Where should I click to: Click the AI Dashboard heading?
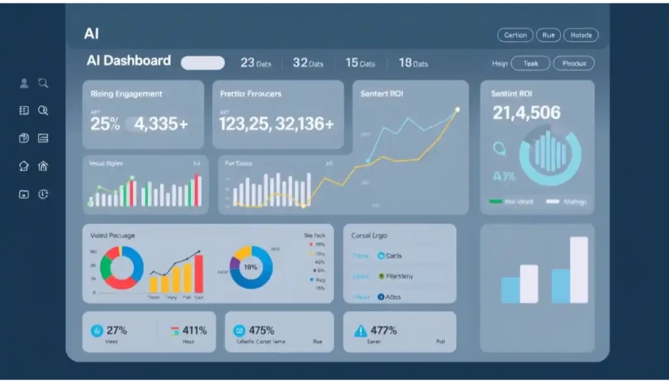pos(129,61)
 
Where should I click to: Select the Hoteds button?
pos(580,35)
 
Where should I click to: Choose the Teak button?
pos(530,63)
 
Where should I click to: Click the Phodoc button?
pos(574,63)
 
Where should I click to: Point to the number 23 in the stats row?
pos(248,63)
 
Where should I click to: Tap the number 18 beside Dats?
pos(405,63)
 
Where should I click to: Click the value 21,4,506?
pos(527,113)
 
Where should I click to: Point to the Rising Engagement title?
pos(127,94)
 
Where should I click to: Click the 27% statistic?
pos(116,330)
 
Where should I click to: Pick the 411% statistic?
pos(195,330)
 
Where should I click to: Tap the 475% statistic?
pos(261,330)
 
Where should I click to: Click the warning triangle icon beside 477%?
pos(360,331)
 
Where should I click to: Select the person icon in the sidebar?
pos(24,83)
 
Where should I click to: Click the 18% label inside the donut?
pos(251,267)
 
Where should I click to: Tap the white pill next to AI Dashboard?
pos(203,63)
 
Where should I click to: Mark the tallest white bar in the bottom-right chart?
pos(579,269)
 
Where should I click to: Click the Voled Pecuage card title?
pos(112,235)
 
